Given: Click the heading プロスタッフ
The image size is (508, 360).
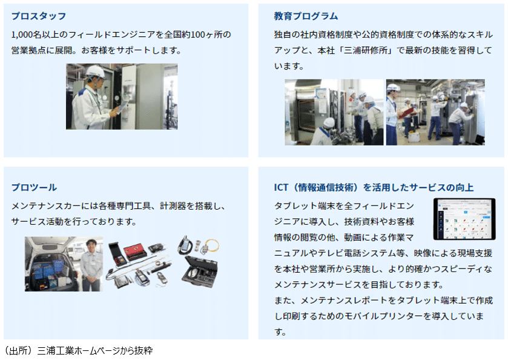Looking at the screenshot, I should click(39, 16).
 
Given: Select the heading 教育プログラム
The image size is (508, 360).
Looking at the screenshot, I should click(306, 16).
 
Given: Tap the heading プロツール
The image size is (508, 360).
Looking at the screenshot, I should click(34, 187).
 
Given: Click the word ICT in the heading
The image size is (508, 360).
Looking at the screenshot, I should click(283, 187).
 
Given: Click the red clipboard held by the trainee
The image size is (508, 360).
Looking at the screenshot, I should click(406, 112).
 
